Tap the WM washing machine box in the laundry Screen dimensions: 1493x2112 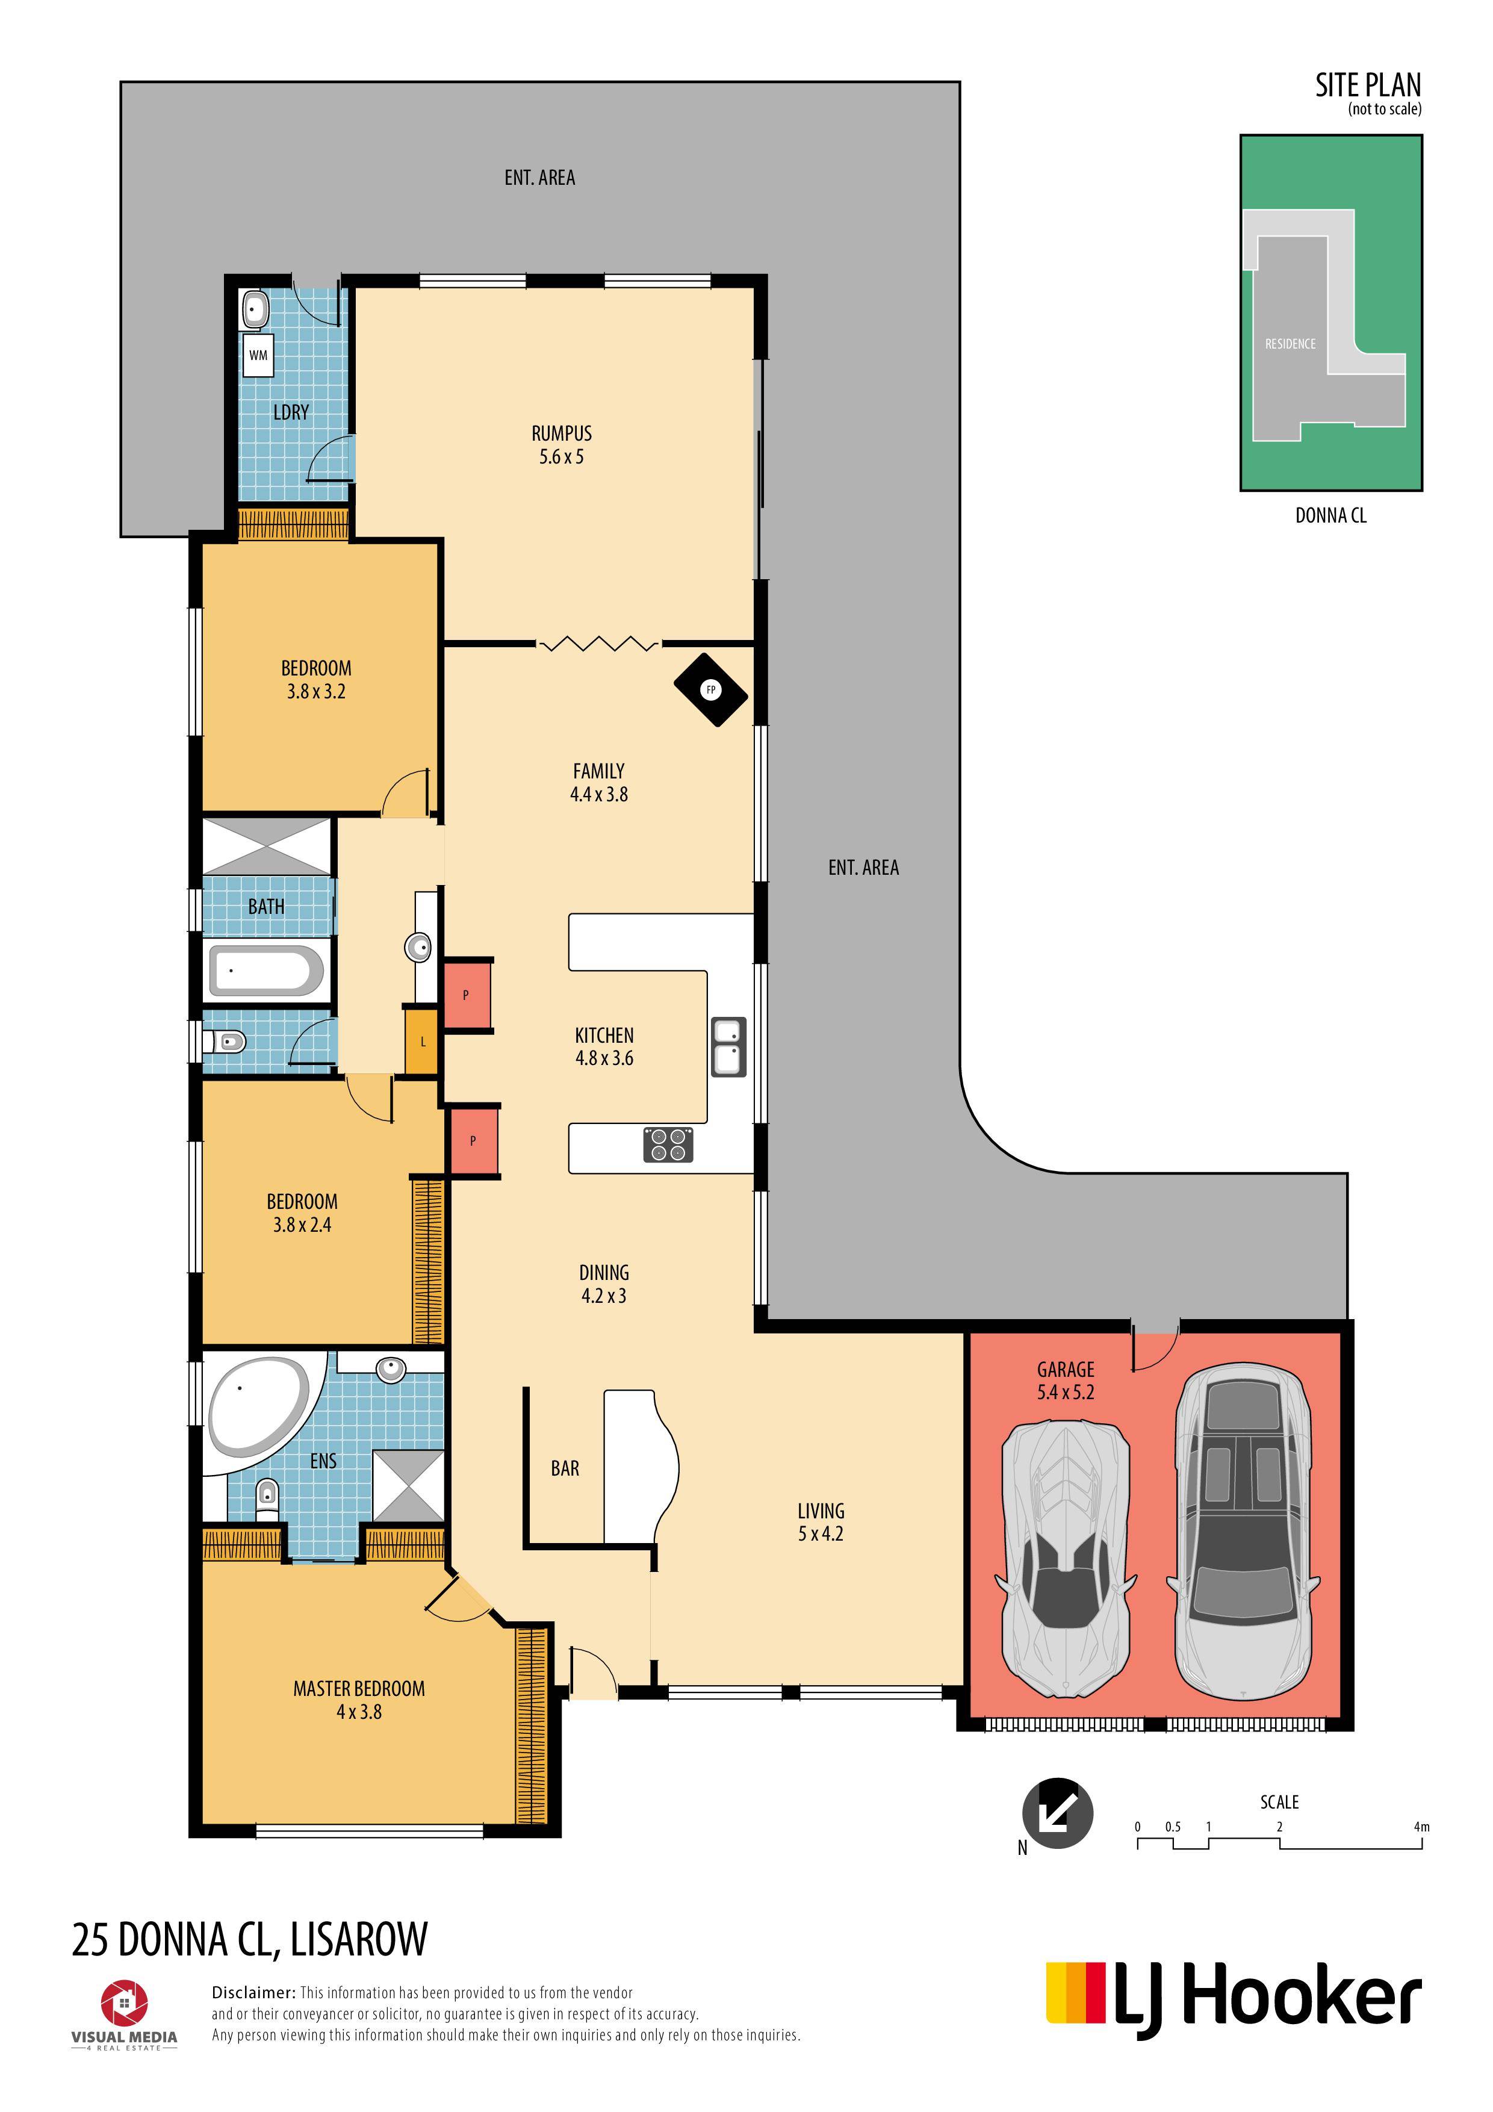click(258, 355)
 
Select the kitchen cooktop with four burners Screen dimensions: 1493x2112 click(668, 1145)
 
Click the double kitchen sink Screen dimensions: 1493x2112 click(728, 1047)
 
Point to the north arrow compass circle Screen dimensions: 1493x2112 click(1058, 1812)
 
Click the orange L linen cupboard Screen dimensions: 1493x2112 click(421, 1042)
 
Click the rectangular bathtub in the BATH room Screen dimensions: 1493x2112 click(266, 971)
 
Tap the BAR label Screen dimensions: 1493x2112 click(565, 1468)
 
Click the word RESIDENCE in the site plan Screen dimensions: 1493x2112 click(1290, 344)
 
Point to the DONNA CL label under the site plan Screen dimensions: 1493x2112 click(1330, 515)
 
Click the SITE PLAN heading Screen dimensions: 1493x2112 click(1368, 85)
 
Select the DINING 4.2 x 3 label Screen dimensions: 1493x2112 click(603, 1284)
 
